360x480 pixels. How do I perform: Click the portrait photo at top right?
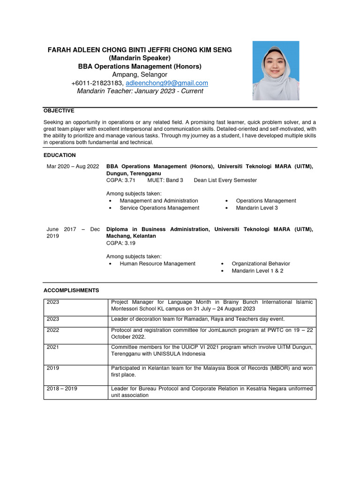click(x=276, y=71)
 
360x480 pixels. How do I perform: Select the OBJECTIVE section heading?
click(x=59, y=111)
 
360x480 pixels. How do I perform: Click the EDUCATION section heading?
click(x=60, y=155)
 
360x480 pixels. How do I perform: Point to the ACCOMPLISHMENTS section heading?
click(x=71, y=291)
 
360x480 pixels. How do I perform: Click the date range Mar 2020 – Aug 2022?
click(x=73, y=166)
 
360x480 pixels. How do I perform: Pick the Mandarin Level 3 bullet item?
click(x=257, y=208)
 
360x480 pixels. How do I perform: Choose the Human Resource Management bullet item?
click(x=157, y=263)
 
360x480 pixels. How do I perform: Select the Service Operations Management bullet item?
click(x=159, y=208)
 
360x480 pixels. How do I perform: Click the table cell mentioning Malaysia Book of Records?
click(x=212, y=371)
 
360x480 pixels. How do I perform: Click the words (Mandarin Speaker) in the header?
click(x=140, y=58)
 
